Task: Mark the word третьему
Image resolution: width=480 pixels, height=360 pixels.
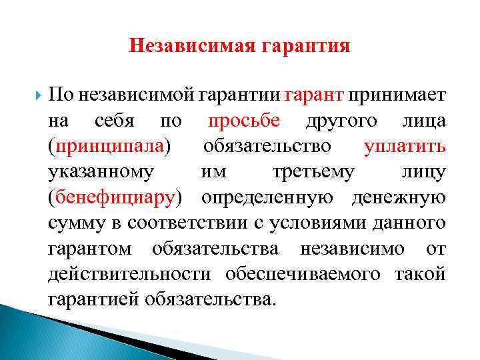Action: tap(313, 171)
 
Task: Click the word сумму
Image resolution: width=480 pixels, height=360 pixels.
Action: tap(73, 222)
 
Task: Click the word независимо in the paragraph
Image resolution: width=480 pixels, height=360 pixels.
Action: tap(352, 247)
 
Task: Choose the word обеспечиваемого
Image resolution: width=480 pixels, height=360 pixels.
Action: tap(307, 273)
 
